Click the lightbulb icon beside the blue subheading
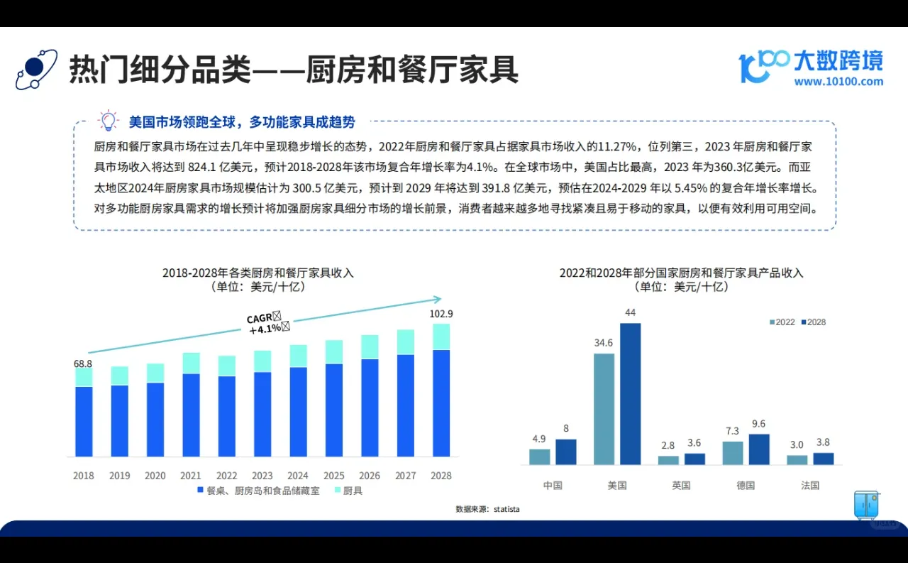click(108, 121)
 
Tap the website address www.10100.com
click(838, 82)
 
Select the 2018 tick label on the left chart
click(84, 476)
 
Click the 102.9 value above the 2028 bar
click(441, 314)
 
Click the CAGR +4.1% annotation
click(267, 322)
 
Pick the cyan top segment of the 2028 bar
click(441, 337)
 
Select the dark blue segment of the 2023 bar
click(262, 414)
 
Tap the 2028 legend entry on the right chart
click(813, 322)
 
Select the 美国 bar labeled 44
click(630, 394)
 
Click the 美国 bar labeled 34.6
click(604, 409)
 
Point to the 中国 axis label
click(553, 486)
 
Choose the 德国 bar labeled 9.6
click(759, 449)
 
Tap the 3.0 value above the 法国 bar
click(797, 445)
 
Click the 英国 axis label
click(682, 486)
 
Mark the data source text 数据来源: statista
click(487, 509)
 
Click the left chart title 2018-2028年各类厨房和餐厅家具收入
click(258, 273)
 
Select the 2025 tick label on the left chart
click(333, 476)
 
